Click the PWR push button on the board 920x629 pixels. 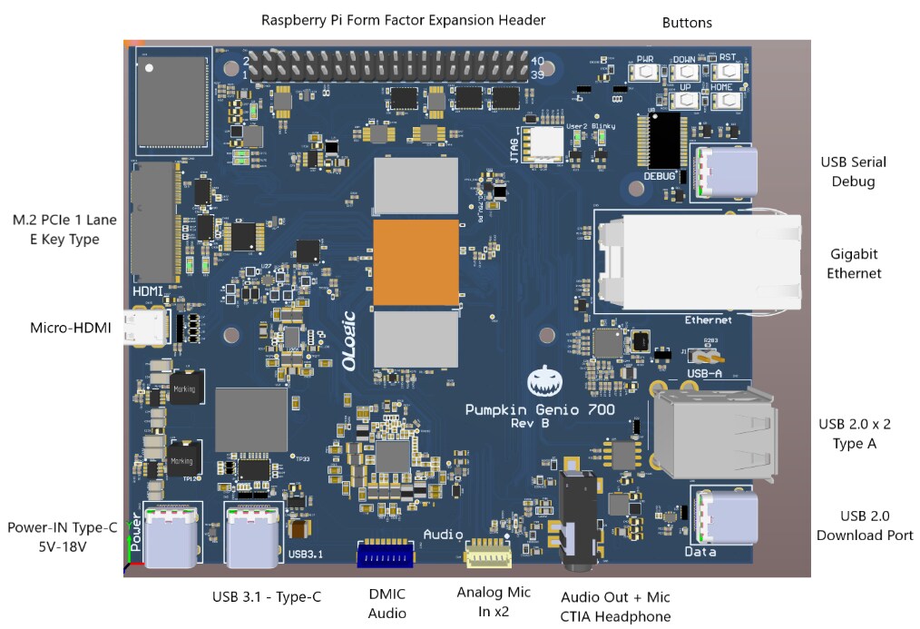tap(645, 71)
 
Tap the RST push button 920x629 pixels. tap(728, 71)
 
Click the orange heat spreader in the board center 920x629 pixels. tap(415, 262)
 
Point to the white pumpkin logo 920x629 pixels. tap(543, 383)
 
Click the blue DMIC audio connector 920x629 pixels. tap(386, 554)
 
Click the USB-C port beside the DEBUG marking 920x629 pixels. tap(725, 170)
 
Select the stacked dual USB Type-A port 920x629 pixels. tap(714, 431)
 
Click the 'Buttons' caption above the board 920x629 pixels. tap(687, 23)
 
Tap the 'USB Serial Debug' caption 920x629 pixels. tap(853, 172)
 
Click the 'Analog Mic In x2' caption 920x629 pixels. tap(493, 601)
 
